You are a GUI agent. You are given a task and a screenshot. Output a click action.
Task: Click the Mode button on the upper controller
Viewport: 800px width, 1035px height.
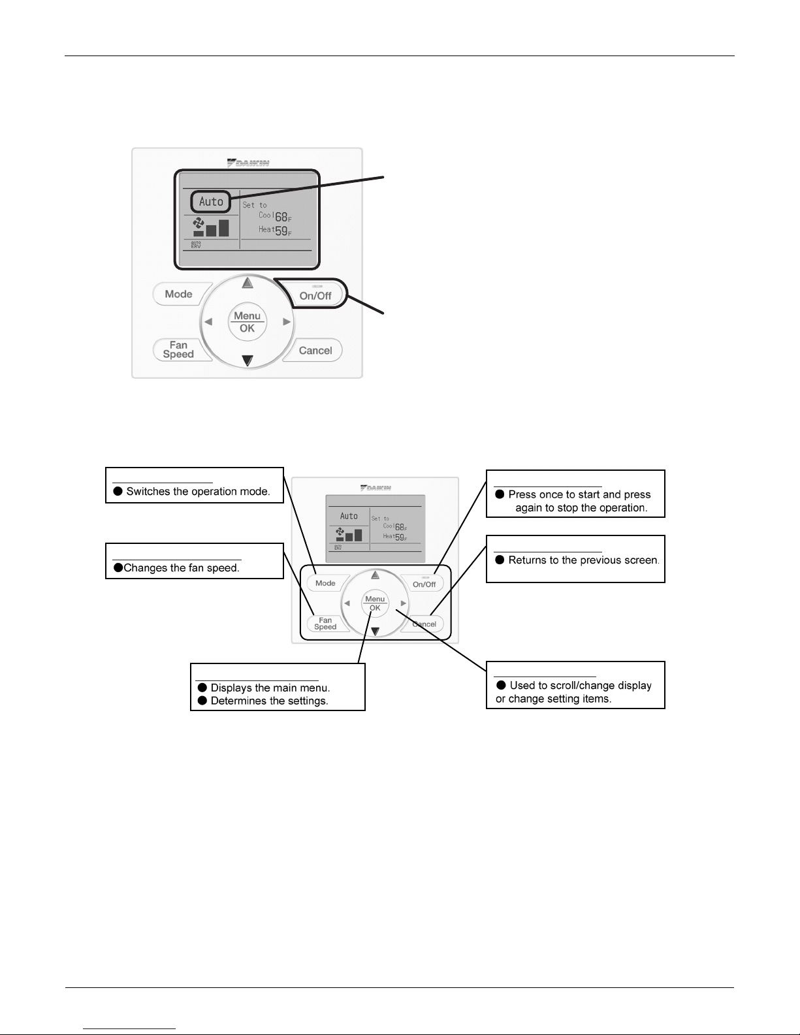[x=178, y=294]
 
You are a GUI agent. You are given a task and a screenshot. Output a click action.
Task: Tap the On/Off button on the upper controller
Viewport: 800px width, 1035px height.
[x=315, y=295]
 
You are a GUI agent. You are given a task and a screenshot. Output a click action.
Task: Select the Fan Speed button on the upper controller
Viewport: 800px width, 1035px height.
[x=178, y=350]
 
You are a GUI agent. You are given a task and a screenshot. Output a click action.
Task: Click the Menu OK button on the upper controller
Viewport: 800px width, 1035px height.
[x=247, y=322]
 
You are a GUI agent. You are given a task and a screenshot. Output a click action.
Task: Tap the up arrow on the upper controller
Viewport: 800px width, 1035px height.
[x=247, y=283]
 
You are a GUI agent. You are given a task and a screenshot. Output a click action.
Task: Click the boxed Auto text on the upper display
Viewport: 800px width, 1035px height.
[x=211, y=202]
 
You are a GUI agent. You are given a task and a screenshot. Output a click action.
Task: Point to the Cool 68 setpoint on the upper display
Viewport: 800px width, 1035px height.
[x=275, y=216]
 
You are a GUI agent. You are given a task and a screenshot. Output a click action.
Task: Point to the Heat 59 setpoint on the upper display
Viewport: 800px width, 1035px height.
[x=275, y=231]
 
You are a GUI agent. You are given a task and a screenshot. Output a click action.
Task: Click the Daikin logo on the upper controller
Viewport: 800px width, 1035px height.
[x=248, y=163]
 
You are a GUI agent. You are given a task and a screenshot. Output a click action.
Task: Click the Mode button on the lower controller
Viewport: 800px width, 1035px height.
[x=325, y=583]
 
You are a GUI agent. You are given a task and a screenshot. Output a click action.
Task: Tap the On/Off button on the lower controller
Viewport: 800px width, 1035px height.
[x=424, y=583]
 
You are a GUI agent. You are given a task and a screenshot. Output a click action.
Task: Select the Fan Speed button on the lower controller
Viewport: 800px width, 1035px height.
[x=325, y=624]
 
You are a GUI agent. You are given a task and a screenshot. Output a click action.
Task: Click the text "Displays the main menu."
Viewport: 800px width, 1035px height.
[x=270, y=688]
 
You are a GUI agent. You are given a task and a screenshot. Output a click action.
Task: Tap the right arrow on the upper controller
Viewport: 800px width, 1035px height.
[x=286, y=322]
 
